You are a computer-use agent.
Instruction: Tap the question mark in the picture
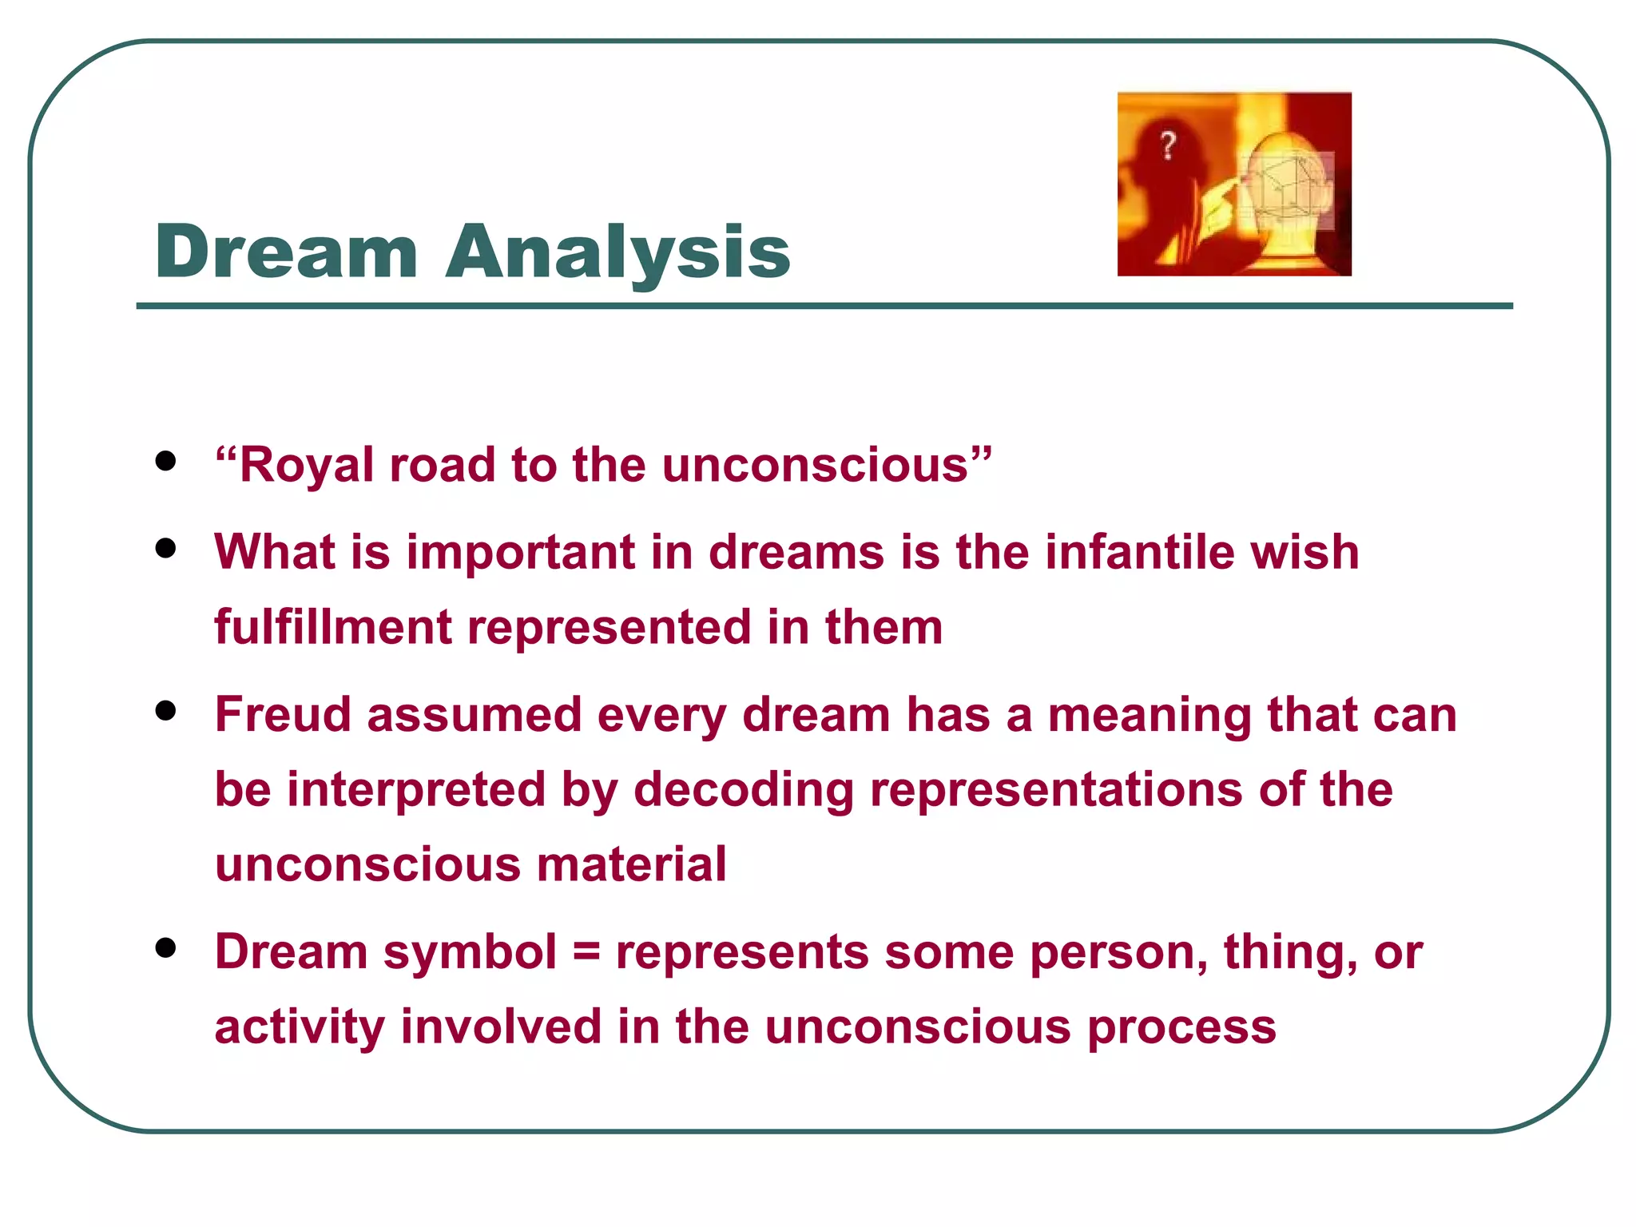click(1168, 146)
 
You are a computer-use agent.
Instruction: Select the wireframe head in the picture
click(1286, 192)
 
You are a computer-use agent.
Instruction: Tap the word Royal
click(306, 465)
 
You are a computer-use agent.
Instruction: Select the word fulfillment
click(333, 626)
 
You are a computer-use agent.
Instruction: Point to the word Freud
click(283, 713)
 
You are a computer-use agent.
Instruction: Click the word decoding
click(744, 789)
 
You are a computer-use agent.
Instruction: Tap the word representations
click(1056, 789)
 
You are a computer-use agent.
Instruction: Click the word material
click(631, 864)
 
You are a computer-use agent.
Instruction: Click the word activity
click(300, 1027)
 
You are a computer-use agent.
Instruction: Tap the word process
click(1181, 1027)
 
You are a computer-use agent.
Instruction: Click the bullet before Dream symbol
click(165, 947)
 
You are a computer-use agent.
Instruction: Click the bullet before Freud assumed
click(165, 710)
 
